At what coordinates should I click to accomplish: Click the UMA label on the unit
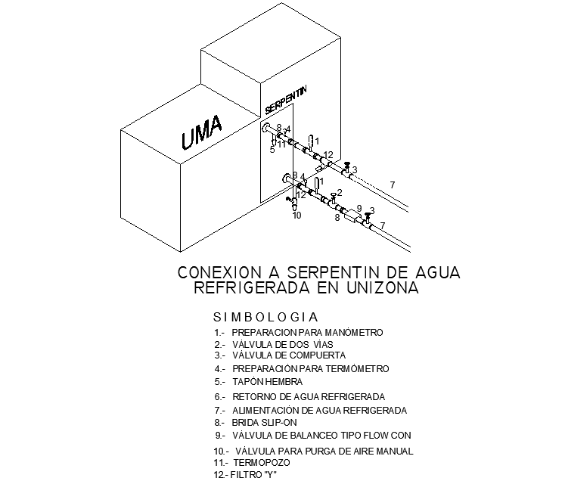202,132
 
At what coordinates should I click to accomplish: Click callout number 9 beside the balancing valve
359,208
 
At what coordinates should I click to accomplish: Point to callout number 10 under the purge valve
296,216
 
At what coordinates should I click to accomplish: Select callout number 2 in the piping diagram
340,193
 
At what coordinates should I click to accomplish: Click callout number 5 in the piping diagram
272,150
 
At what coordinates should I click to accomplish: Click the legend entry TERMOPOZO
261,461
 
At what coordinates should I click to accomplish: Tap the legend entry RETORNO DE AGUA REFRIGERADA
309,396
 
